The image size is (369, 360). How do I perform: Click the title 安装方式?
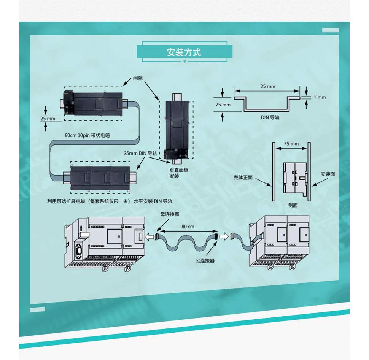pos(184,52)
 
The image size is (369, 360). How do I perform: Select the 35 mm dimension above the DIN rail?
pos(267,86)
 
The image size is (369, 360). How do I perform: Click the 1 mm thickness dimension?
pos(320,97)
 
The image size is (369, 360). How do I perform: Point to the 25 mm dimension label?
pos(48,119)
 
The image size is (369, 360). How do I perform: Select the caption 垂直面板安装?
pos(179,173)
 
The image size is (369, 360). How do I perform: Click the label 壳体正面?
pos(243,177)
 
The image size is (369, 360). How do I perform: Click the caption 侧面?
pos(293,205)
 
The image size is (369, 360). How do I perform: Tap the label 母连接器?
pos(170,214)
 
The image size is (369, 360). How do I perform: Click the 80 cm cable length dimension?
pos(188,227)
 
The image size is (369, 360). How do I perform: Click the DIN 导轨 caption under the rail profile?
pos(270,117)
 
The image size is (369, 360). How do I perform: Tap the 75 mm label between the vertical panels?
pos(291,144)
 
